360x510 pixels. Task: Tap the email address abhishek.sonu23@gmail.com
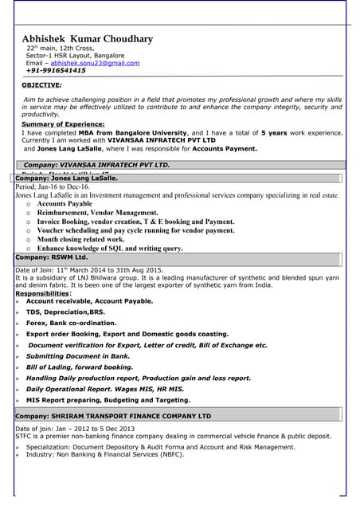94,63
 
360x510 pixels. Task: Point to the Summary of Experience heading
63,124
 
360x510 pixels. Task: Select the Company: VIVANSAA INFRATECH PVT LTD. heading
96,164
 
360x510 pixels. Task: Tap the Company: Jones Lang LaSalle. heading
67,178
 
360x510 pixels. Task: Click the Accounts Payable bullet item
65,204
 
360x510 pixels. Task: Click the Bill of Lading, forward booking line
79,367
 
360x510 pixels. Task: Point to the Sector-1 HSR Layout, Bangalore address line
72,56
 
